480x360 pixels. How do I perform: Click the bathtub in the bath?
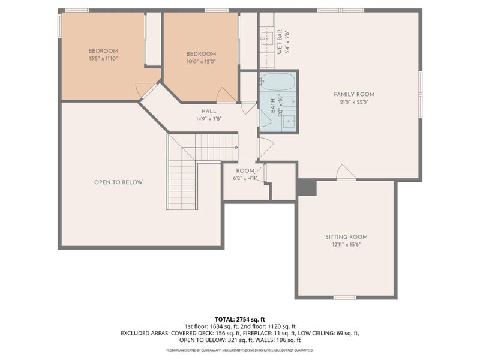[277, 82]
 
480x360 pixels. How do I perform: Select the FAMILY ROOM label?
[354, 94]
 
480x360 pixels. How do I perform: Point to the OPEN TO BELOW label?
[118, 182]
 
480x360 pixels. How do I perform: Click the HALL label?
[209, 111]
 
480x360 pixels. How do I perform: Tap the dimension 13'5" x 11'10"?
[103, 59]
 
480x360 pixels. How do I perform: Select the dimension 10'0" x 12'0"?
[200, 61]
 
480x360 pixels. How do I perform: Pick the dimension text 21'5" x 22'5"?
[354, 102]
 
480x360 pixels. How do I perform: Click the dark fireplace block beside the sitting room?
[307, 187]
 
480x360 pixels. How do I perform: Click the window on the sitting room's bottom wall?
[344, 298]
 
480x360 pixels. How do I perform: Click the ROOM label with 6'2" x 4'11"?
[245, 171]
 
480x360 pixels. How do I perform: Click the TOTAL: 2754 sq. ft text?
[239, 319]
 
